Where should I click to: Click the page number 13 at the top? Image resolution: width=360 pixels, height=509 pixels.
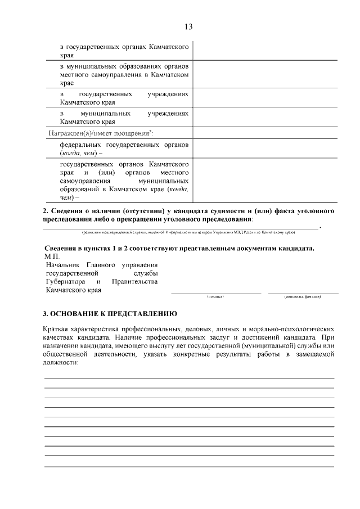tap(188, 26)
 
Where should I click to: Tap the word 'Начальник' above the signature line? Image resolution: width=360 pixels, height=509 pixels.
tap(61, 264)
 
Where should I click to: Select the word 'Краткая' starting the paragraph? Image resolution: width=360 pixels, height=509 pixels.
tap(57, 327)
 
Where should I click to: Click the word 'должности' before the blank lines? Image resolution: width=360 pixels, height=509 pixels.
tap(60, 363)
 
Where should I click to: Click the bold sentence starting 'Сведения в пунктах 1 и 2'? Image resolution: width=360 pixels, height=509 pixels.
tap(179, 248)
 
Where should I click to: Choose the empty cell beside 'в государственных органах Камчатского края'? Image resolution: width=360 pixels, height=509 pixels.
tap(265, 51)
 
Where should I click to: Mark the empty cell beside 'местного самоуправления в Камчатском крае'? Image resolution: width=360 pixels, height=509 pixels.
tap(265, 74)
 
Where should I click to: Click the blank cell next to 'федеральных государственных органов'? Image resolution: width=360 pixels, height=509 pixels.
tap(265, 149)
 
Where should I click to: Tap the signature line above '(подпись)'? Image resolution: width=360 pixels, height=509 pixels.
tap(216, 293)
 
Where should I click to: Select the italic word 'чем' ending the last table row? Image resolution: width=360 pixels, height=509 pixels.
tap(67, 197)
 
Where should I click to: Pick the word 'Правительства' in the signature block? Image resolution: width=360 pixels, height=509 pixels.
tap(134, 281)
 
